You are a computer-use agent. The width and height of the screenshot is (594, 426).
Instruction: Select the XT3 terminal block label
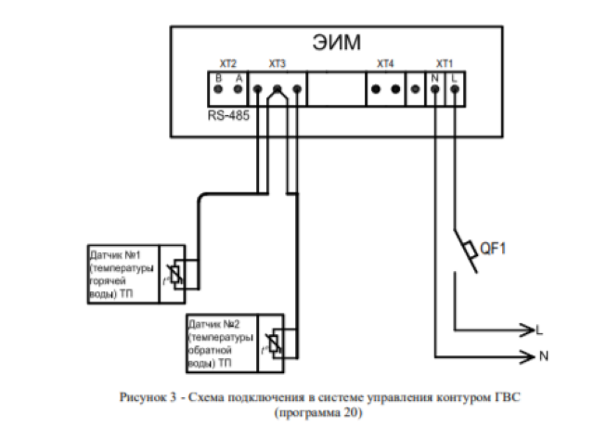[x=277, y=64]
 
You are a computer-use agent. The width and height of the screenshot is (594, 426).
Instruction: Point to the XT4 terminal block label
[x=385, y=64]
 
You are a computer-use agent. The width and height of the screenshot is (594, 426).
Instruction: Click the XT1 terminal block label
[x=445, y=64]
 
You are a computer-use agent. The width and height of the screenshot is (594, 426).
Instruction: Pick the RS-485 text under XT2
[x=228, y=119]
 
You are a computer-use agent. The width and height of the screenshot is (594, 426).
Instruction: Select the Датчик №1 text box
[x=122, y=274]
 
